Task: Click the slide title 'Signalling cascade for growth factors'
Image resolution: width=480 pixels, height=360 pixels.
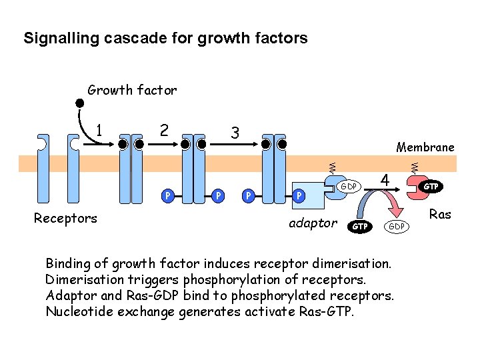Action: click(165, 38)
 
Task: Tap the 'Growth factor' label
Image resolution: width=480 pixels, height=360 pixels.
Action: click(132, 90)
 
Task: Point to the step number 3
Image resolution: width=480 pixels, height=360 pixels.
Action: click(234, 133)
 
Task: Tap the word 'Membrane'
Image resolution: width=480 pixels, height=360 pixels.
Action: click(425, 147)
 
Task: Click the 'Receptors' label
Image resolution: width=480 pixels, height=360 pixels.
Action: click(65, 218)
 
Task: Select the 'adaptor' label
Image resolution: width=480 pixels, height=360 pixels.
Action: click(313, 223)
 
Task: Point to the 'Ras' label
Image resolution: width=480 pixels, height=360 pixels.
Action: click(440, 214)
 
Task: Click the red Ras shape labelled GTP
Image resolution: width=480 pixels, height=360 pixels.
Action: click(427, 187)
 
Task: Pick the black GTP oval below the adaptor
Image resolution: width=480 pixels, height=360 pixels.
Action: click(359, 227)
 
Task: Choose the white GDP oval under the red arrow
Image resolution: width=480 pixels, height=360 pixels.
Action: click(397, 227)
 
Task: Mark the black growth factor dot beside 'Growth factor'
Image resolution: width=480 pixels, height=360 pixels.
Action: click(79, 103)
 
